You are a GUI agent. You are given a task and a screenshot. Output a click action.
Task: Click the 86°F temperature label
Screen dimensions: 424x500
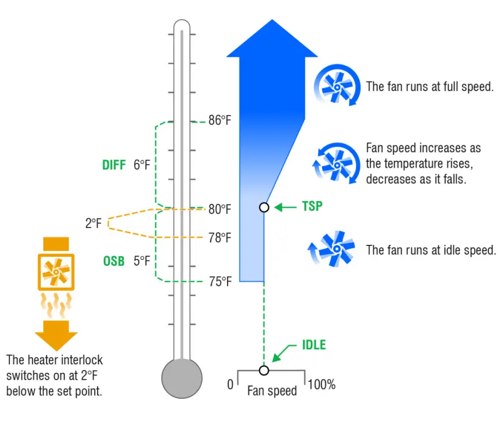tap(220, 120)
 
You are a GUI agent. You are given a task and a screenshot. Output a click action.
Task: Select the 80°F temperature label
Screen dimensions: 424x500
tap(220, 209)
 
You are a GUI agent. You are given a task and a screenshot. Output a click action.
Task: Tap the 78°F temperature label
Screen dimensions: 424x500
tap(220, 238)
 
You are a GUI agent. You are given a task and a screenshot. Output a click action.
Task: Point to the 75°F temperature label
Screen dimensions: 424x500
tap(220, 281)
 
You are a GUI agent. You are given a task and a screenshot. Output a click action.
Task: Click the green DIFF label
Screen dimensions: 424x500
tap(114, 165)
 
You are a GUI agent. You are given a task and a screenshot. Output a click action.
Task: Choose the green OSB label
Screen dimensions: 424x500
tap(114, 261)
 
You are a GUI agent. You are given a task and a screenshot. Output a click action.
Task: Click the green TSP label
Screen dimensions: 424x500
tap(312, 206)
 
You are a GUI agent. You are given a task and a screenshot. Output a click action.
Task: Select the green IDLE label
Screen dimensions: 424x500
tap(313, 344)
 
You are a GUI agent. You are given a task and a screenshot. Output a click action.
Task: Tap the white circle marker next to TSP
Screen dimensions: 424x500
tap(264, 207)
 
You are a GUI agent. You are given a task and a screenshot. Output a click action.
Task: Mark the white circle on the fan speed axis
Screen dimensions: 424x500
tap(264, 370)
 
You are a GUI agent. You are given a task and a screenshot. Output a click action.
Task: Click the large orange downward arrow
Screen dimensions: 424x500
tap(56, 335)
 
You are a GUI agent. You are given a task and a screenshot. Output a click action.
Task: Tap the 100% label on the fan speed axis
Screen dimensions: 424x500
tap(322, 385)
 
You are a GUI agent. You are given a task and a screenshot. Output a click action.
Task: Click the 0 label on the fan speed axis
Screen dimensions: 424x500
tap(230, 385)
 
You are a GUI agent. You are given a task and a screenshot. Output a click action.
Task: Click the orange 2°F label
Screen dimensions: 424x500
tap(94, 224)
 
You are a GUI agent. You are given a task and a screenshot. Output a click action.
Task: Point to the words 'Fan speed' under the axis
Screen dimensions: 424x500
tap(272, 390)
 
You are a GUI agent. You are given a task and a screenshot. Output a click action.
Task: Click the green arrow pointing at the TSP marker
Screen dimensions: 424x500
tap(285, 207)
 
